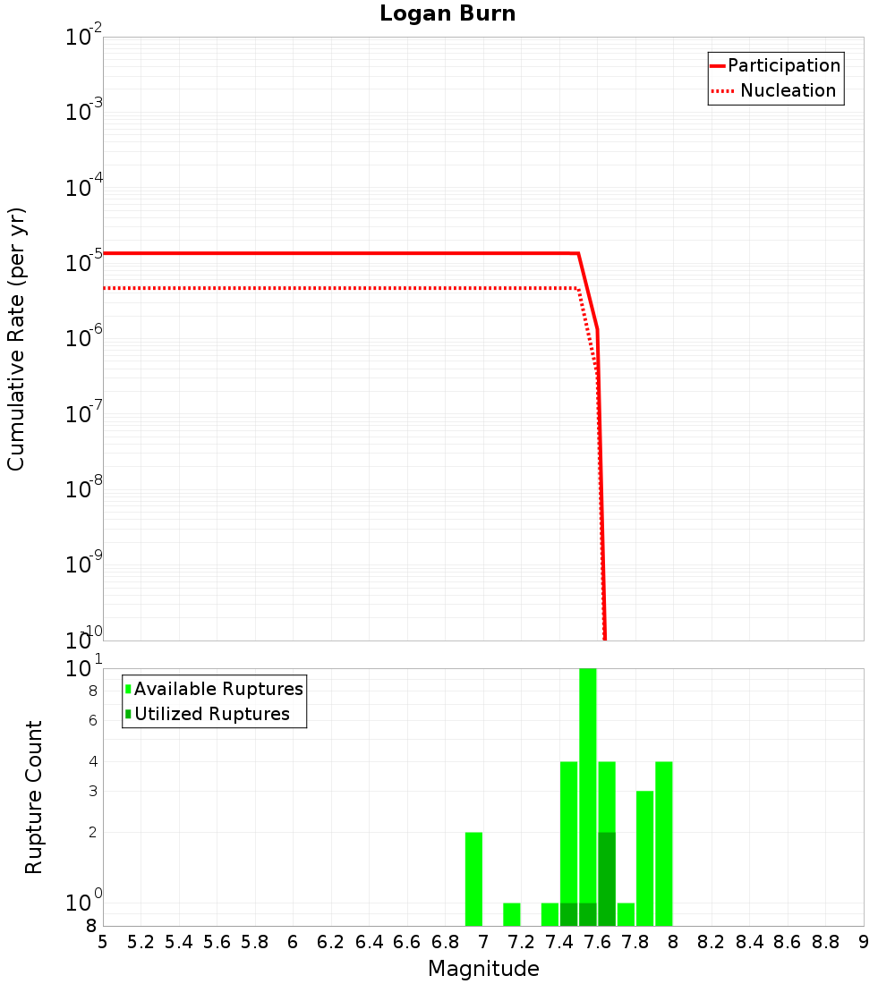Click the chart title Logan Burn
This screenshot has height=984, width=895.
pos(447,14)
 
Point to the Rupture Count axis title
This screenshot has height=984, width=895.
pos(34,797)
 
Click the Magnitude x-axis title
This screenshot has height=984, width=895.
pos(483,969)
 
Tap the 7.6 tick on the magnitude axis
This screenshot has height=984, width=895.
pos(598,942)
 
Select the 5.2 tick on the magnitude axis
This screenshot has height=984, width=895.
pos(141,942)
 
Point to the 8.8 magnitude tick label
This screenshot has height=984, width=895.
pos(826,942)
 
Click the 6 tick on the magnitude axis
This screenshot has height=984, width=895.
pos(294,942)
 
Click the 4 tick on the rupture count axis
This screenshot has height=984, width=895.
pos(93,761)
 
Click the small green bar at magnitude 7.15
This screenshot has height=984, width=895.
pos(512,914)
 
